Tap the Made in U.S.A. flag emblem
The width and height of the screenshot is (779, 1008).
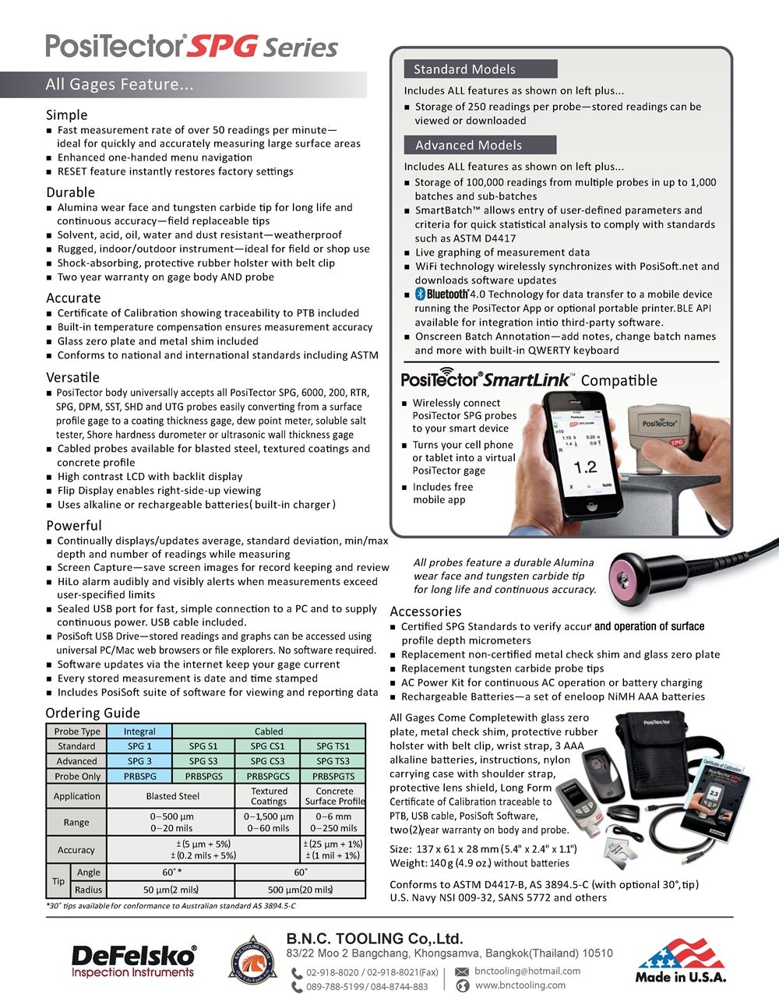tap(680, 960)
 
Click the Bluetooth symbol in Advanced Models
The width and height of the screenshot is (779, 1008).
tap(420, 294)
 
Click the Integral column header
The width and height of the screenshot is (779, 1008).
tap(139, 731)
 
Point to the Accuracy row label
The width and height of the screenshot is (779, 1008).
tap(76, 850)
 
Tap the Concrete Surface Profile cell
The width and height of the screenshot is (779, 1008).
tap(334, 796)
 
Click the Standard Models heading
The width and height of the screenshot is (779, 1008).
tap(464, 69)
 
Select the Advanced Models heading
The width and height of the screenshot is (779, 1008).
tap(468, 145)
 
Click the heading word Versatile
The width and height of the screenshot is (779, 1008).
tap(72, 377)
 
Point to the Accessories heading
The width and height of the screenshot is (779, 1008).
tap(425, 611)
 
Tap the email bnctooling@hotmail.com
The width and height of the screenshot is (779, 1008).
tap(527, 971)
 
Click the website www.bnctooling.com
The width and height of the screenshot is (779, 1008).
tap(520, 985)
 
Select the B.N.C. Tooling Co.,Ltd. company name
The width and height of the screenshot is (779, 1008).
tap(374, 939)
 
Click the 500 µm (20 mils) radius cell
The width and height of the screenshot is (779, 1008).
tap(300, 890)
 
